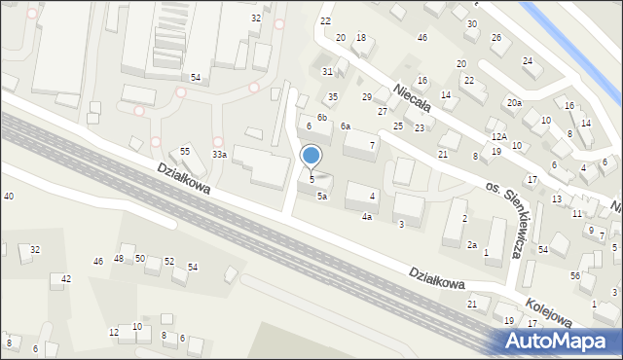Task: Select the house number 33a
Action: tap(220, 155)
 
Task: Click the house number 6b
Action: tap(321, 117)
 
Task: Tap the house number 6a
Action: tap(345, 126)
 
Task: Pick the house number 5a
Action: tap(322, 196)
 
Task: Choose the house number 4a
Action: tap(367, 216)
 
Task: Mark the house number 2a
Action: tap(471, 244)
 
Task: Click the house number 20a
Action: tap(513, 102)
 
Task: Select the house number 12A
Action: tap(497, 137)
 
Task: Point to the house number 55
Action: tap(185, 152)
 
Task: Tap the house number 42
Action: tap(66, 279)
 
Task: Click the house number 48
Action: tap(119, 258)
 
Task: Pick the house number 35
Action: tap(332, 97)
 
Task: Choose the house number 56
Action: tap(574, 275)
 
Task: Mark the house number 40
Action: tap(9, 197)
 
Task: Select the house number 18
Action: tap(360, 37)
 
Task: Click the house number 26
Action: tap(495, 38)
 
